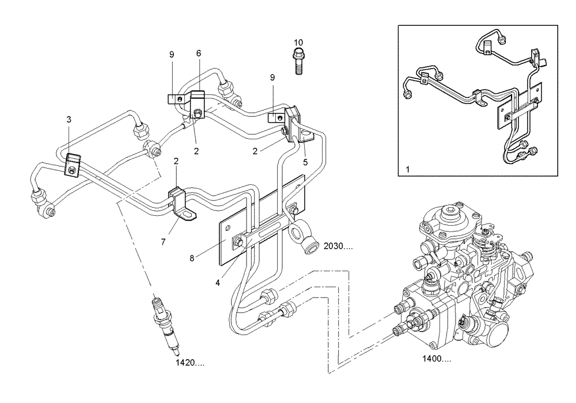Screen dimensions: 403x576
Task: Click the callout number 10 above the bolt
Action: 298,43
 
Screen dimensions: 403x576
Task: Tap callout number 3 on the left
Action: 69,120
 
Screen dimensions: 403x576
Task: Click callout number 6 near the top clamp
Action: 199,53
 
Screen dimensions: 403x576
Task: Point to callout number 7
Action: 163,242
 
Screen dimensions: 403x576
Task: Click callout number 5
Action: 306,162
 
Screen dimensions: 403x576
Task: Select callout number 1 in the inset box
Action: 407,171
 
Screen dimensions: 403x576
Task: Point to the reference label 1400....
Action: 436,359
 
